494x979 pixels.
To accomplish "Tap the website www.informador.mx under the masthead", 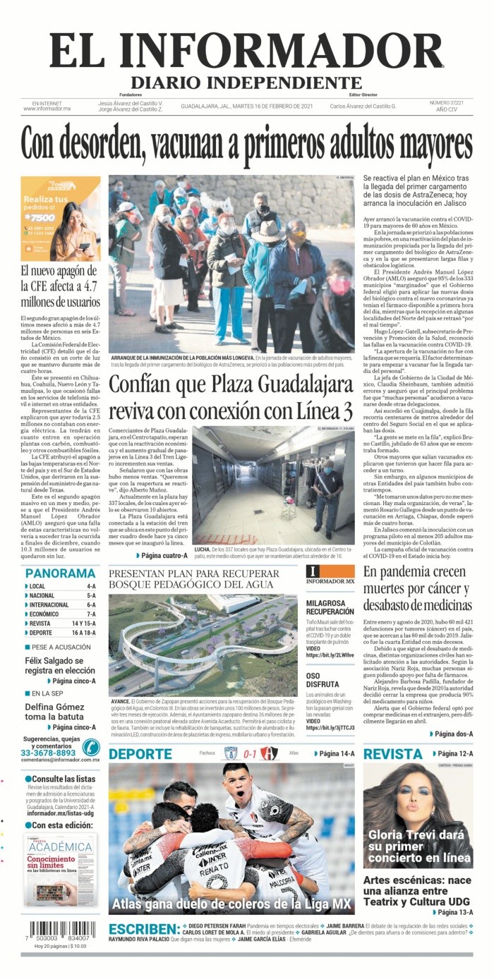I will pyautogui.click(x=47, y=109).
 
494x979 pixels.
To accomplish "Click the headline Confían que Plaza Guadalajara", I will pyautogui.click(x=231, y=386).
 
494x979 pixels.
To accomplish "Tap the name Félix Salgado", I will pyautogui.click(x=50, y=661).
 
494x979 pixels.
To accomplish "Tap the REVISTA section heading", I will pyautogui.click(x=393, y=754).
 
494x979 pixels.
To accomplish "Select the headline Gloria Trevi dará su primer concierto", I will pyautogui.click(x=419, y=846).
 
